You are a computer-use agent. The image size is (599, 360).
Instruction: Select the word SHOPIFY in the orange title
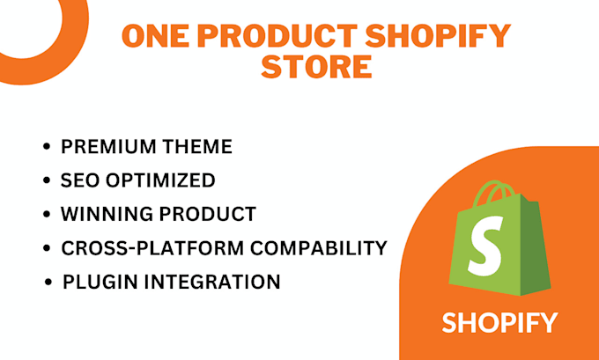pos(440,38)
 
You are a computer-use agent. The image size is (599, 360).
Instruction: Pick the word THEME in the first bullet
pos(202,147)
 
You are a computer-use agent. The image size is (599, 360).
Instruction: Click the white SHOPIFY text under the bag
pos(499,322)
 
